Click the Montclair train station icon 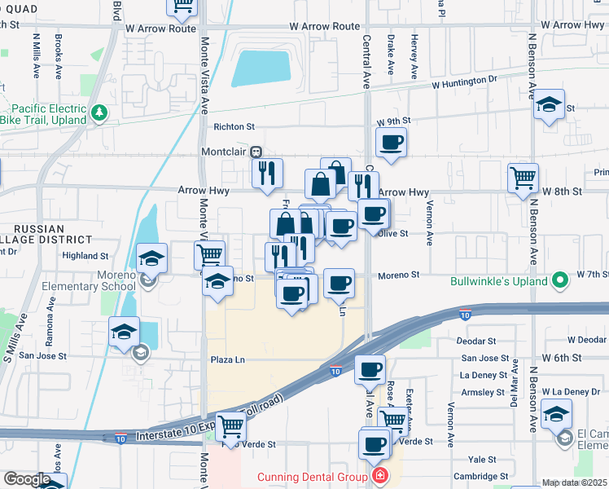click(256, 152)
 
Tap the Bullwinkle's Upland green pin click(559, 282)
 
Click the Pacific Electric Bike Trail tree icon click(99, 113)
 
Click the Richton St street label click(234, 126)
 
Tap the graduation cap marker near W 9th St click(550, 105)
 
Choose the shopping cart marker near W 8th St click(524, 178)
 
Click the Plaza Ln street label click(228, 359)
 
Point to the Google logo click(26, 479)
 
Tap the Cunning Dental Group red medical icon click(378, 476)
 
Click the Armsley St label click(479, 392)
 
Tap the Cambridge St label click(482, 476)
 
